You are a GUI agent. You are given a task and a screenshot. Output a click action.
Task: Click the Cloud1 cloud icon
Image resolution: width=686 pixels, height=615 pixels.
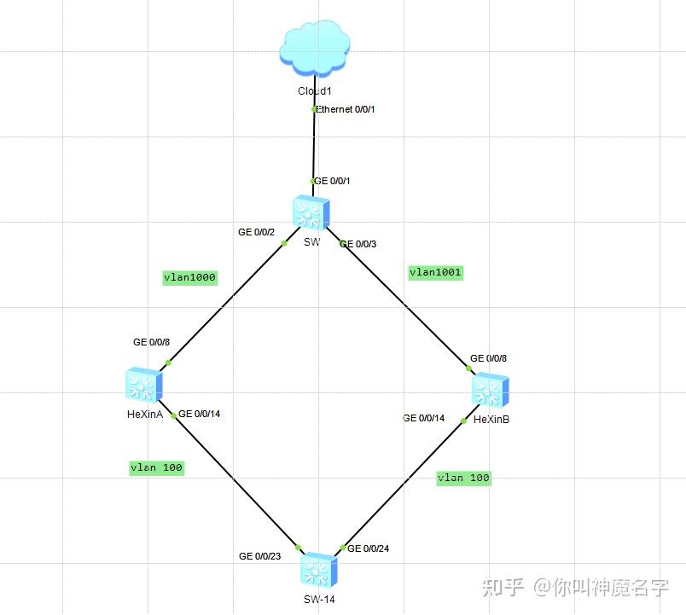[314, 49]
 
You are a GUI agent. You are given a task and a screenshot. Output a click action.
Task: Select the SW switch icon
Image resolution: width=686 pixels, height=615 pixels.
[311, 212]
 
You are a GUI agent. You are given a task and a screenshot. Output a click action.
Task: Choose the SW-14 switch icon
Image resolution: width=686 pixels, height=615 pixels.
[319, 569]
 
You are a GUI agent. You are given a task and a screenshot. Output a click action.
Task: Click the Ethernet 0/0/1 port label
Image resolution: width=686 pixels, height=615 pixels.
[346, 109]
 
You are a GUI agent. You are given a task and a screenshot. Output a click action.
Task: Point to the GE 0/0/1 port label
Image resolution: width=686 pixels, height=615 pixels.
[333, 181]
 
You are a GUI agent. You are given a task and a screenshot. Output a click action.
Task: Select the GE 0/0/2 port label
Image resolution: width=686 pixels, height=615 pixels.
[256, 232]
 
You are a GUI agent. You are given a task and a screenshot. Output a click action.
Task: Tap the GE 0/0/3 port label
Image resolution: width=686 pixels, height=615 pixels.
[358, 244]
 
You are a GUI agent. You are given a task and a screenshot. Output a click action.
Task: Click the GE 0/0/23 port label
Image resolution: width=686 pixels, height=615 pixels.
[260, 556]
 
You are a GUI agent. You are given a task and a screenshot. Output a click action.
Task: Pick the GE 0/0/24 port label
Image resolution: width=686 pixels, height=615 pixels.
[369, 548]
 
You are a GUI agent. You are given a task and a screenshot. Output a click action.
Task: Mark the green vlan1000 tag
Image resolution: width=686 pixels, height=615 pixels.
[190, 277]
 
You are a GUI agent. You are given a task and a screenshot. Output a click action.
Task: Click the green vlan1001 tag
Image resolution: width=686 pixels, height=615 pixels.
[436, 273]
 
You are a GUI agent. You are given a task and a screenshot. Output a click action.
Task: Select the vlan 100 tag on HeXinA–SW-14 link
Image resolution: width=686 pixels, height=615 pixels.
[156, 467]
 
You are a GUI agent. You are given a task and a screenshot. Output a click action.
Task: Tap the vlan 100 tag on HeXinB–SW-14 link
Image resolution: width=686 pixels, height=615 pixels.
[463, 478]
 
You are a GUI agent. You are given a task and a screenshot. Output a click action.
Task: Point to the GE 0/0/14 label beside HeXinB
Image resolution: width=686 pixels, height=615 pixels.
[424, 418]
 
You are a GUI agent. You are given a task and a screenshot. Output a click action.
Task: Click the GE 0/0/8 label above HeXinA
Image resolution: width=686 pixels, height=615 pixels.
[152, 342]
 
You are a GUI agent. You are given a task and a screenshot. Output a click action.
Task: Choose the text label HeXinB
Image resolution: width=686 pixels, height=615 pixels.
[491, 420]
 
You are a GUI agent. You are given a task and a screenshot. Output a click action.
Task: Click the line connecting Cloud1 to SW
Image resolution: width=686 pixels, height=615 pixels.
[314, 145]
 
